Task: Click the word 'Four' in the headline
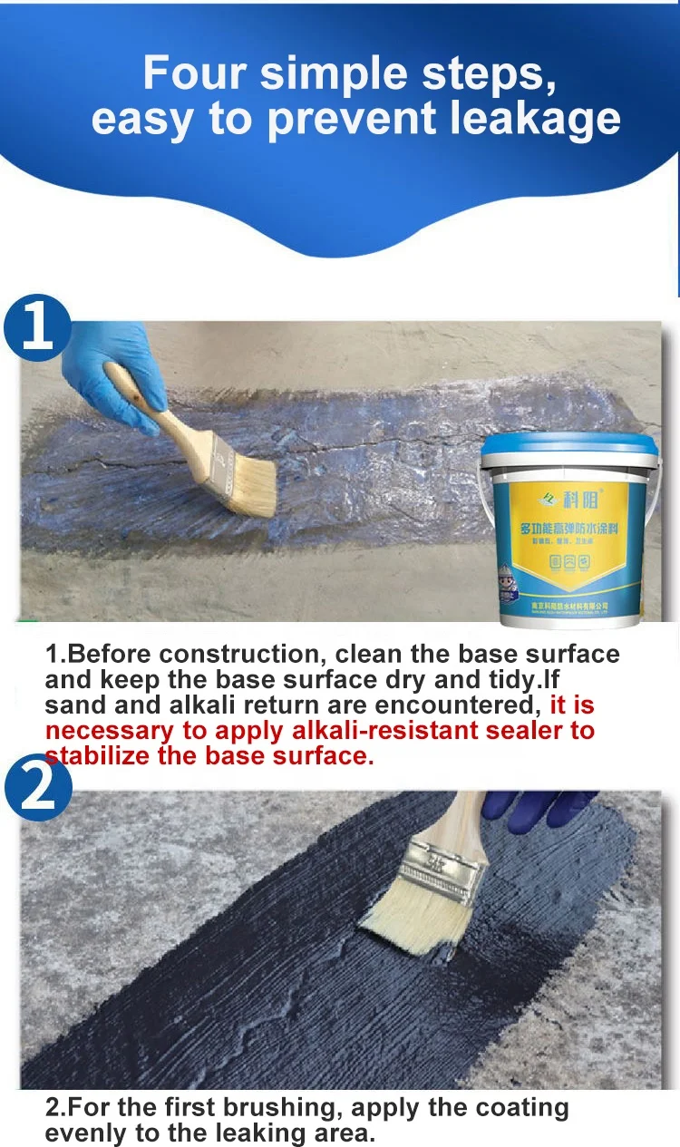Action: (195, 73)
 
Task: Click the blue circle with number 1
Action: (38, 326)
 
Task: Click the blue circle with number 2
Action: (36, 786)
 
